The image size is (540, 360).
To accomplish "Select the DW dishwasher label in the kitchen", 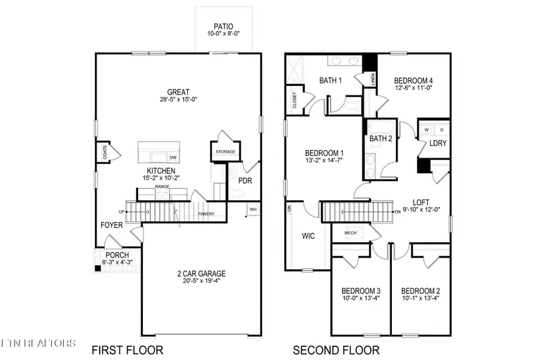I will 173,158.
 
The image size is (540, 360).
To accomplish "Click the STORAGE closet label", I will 226,152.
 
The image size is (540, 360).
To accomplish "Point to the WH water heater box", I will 253,209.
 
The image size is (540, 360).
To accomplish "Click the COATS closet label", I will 104,151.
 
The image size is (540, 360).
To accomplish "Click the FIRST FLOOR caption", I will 127,350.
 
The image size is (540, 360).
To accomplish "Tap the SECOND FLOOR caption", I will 336,350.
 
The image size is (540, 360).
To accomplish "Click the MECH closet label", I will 350,232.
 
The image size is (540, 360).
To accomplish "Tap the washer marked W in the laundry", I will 427,129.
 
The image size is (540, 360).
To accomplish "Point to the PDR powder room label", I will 245,179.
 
